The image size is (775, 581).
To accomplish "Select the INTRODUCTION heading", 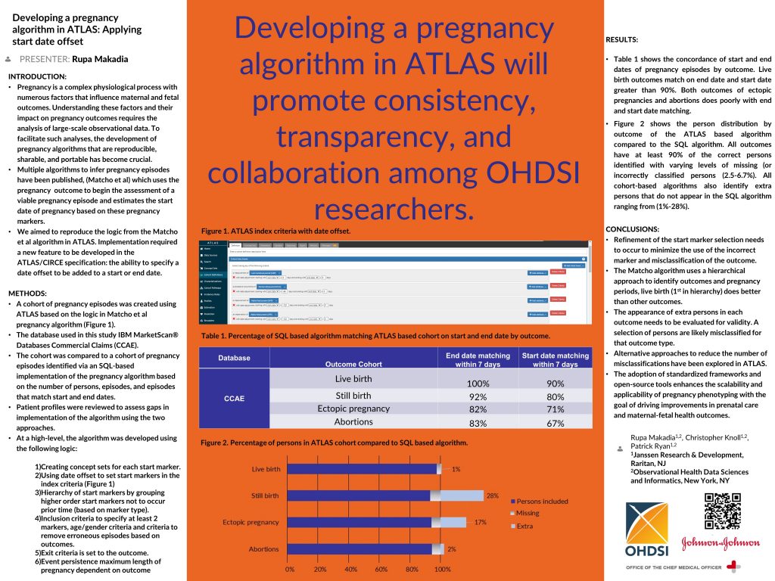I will pos(37,76).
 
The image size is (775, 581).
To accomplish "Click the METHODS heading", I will pos(29,293).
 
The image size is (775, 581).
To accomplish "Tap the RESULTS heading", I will pos(622,39).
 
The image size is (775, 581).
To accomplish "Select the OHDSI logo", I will pos(647,529).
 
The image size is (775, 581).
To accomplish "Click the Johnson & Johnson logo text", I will pos(709,542).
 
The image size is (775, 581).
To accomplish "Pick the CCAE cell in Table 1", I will pos(233,398).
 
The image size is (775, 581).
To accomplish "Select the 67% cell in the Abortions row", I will pos(555,424).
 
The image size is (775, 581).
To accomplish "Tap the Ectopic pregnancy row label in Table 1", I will pos(353,409).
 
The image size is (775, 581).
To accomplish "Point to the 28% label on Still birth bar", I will pos(492,496).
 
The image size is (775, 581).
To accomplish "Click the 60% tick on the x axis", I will pos(381,569).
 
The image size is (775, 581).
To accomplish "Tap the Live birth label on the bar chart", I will pos(266,469).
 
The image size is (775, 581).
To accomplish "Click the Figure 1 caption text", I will pos(275,230).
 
